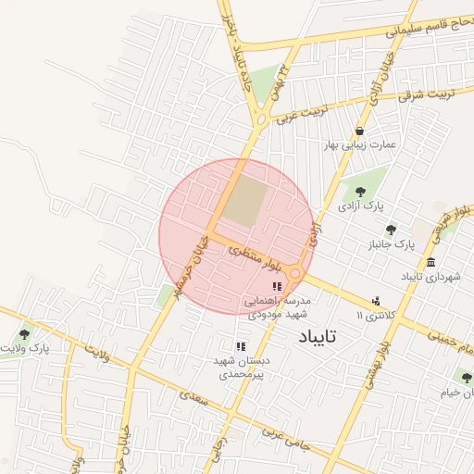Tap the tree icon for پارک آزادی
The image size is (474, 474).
pyautogui.click(x=360, y=192)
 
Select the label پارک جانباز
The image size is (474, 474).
pyautogui.click(x=390, y=245)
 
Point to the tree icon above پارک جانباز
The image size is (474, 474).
pyautogui.click(x=391, y=229)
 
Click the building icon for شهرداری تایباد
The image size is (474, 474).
pyautogui.click(x=431, y=262)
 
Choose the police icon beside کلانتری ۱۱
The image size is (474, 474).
pyautogui.click(x=376, y=301)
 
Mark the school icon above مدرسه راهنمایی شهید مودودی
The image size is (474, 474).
pyautogui.click(x=277, y=286)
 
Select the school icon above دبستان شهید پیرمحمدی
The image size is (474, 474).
pyautogui.click(x=241, y=346)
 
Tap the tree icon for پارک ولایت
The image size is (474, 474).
pyautogui.click(x=24, y=334)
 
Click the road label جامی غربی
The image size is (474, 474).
pyautogui.click(x=282, y=438)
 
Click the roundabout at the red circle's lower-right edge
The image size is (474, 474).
pyautogui.click(x=295, y=273)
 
